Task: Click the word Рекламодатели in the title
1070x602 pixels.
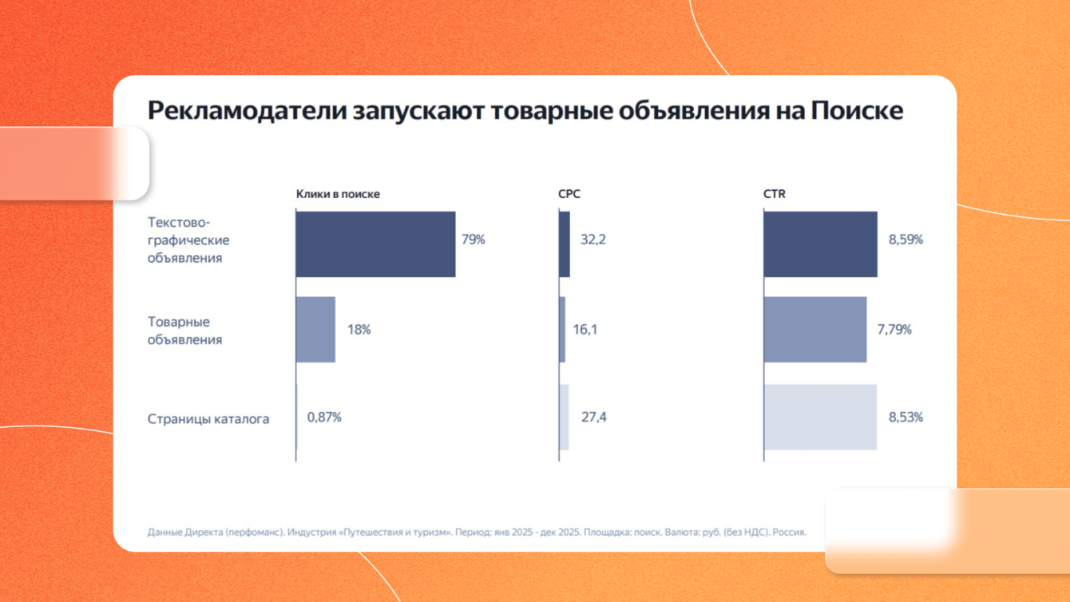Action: coord(248,110)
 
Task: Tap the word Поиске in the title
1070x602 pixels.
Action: coord(857,110)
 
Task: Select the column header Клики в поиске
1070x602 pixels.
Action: coord(338,194)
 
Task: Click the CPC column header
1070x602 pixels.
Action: coord(569,194)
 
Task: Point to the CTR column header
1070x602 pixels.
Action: coord(775,194)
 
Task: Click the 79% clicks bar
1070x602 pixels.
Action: coord(375,244)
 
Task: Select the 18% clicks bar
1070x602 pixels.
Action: coord(315,330)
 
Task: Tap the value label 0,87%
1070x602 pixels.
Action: coord(324,417)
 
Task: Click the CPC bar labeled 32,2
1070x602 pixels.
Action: coord(565,244)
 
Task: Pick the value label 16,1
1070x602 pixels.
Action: coord(585,329)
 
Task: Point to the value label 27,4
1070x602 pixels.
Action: coord(594,417)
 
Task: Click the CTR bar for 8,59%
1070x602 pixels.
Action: coord(821,244)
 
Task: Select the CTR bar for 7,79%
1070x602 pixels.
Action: coord(815,330)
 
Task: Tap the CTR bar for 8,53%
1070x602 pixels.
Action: coord(821,417)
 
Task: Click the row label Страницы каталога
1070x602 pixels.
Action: coord(208,419)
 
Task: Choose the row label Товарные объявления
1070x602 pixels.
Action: coord(185,331)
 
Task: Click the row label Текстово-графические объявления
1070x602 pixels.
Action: coord(188,240)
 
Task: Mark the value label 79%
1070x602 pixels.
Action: coord(474,240)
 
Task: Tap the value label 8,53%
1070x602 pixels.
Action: coord(906,417)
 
